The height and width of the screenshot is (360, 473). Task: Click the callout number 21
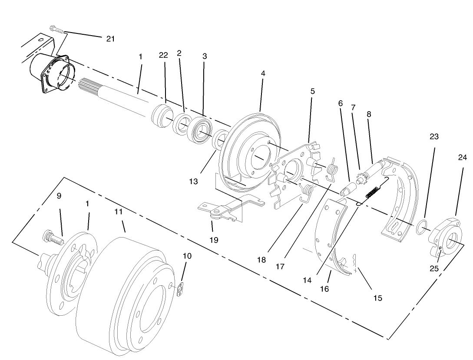(x=110, y=39)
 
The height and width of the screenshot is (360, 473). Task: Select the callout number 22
(x=163, y=55)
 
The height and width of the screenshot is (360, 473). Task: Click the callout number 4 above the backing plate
(x=263, y=74)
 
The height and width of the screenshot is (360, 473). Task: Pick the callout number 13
(x=193, y=182)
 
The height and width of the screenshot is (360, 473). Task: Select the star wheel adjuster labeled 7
(x=360, y=178)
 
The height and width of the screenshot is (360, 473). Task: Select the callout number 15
(x=377, y=298)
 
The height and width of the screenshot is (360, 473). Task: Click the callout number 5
(x=312, y=91)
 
